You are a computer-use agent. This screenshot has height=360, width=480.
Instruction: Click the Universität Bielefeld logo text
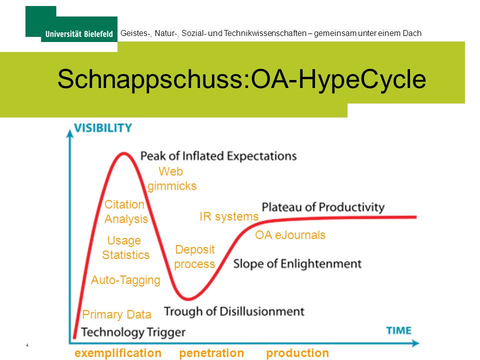point(79,33)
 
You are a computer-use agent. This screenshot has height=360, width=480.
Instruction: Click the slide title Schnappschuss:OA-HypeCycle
point(241,79)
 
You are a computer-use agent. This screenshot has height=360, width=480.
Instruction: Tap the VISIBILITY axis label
point(103,128)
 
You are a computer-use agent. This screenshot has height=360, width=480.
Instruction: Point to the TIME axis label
point(398,330)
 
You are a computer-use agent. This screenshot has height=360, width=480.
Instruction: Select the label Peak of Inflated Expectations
point(218,156)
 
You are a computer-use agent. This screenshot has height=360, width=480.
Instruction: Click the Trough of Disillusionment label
point(234,311)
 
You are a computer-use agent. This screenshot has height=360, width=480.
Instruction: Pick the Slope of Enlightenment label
point(297,264)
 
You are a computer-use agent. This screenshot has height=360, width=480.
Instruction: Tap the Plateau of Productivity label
point(323,207)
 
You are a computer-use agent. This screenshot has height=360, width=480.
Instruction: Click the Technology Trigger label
point(133,332)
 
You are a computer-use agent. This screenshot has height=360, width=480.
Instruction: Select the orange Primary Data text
point(116,314)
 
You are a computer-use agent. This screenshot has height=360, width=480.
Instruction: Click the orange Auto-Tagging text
point(125,280)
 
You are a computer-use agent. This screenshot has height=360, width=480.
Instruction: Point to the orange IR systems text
point(229,216)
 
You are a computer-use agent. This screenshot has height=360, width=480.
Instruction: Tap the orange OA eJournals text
point(290,235)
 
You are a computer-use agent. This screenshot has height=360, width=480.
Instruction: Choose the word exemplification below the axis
point(118,353)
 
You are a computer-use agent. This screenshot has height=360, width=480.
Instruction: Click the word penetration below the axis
point(211,353)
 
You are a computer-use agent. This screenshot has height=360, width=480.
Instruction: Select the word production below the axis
point(297,353)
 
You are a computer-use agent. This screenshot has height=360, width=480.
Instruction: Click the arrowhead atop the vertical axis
point(70,133)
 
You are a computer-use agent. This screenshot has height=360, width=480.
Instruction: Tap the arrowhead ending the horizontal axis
point(415,343)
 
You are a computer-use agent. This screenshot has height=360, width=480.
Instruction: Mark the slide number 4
point(27,345)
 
